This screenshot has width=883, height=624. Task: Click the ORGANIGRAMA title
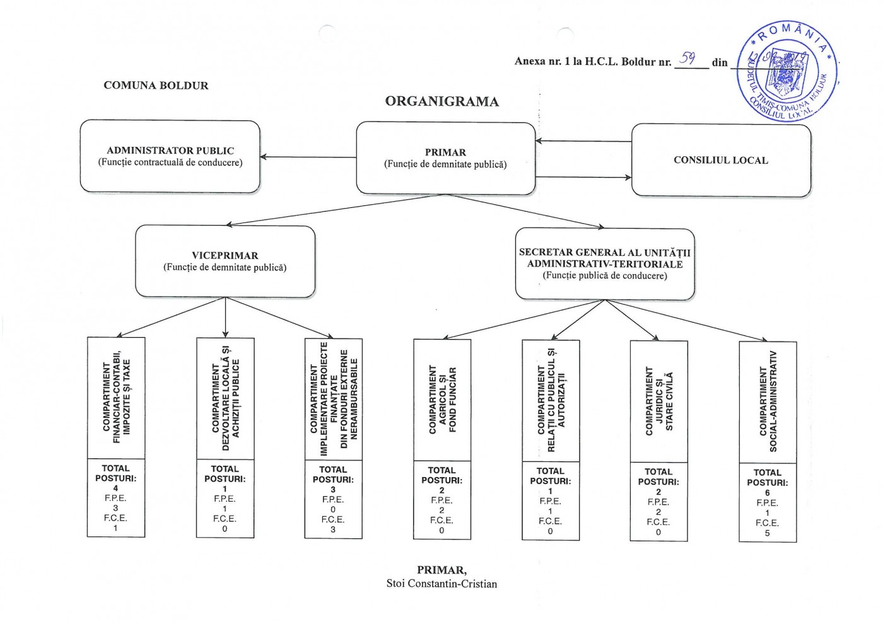(x=441, y=101)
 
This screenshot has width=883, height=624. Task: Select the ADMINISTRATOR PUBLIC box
(x=170, y=156)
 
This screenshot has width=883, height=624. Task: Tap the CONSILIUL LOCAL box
(x=721, y=160)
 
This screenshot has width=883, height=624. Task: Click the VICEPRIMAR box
(x=225, y=261)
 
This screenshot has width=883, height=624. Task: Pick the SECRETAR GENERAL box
(x=604, y=263)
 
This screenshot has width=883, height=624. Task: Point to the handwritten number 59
(x=687, y=59)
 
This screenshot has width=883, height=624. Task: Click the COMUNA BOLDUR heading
(x=156, y=86)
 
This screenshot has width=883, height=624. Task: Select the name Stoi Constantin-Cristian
(x=441, y=584)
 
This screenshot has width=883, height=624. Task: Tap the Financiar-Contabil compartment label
(x=116, y=398)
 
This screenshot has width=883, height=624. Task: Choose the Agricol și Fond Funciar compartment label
(x=442, y=400)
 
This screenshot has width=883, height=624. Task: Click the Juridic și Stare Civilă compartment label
(x=659, y=402)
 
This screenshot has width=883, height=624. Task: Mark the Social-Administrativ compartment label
(x=768, y=402)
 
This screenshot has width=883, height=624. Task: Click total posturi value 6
(x=767, y=493)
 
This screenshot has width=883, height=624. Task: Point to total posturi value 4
(x=115, y=488)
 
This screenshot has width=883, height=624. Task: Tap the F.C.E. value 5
(x=767, y=533)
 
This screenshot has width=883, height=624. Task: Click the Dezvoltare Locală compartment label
(x=225, y=398)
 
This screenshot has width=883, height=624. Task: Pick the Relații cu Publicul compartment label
(x=551, y=401)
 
